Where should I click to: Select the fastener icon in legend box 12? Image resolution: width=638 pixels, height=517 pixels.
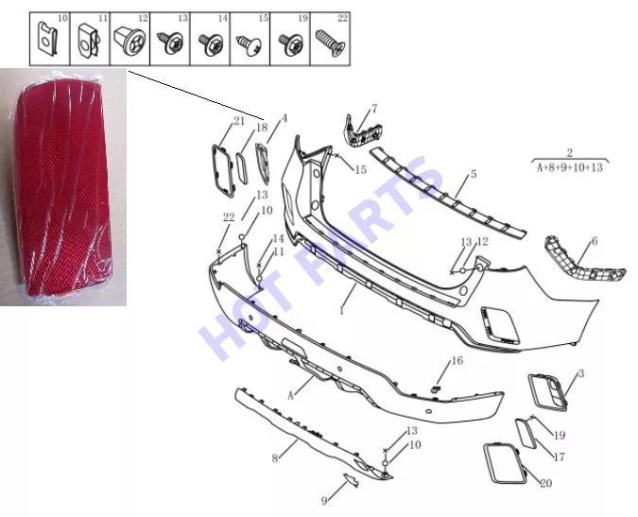point(128,41)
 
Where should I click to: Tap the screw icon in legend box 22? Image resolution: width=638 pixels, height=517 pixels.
point(330,42)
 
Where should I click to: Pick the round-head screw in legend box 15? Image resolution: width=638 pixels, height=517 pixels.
point(249,44)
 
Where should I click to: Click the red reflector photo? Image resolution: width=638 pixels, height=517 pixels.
point(63,186)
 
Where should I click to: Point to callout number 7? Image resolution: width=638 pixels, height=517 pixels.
point(374,109)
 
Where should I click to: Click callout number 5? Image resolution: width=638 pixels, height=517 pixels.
point(474,174)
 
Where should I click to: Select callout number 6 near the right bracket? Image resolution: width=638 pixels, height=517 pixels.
point(595,241)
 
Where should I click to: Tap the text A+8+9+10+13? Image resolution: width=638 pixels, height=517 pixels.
point(570,167)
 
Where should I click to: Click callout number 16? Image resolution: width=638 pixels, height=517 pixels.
point(457,360)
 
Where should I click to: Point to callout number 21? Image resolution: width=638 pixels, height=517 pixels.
point(239,121)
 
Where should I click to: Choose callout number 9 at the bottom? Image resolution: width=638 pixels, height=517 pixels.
point(324,500)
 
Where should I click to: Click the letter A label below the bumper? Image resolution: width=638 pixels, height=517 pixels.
point(290,395)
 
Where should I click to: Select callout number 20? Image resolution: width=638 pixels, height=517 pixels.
point(545,483)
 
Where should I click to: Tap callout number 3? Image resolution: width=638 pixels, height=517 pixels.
point(581,373)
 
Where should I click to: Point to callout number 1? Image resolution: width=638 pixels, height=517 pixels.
point(342,311)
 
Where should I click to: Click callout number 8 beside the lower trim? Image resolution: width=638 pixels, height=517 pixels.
point(275,458)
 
